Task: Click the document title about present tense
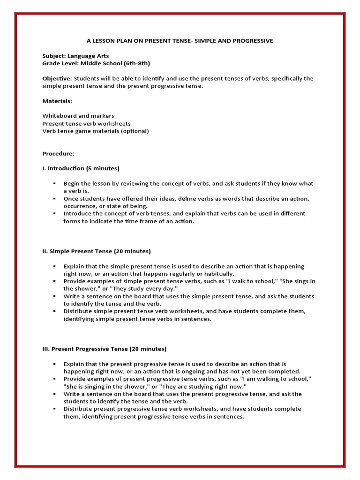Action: pos(180,41)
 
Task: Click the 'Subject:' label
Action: pos(54,56)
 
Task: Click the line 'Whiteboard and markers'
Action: pos(78,116)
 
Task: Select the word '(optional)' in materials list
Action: pos(135,131)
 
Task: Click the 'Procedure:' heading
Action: pos(58,153)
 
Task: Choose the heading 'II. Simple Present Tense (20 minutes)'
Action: pos(97,251)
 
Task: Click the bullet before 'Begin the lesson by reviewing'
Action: pos(55,183)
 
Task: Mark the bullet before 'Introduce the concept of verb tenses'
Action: pos(55,213)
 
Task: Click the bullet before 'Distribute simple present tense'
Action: pos(55,311)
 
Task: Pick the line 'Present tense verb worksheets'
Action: pos(87,123)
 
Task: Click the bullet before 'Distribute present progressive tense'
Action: pos(55,409)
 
